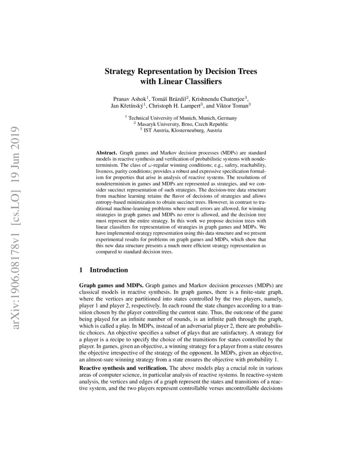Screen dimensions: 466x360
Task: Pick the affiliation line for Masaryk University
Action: [181, 124]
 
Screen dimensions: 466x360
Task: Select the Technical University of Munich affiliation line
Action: [182, 118]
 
